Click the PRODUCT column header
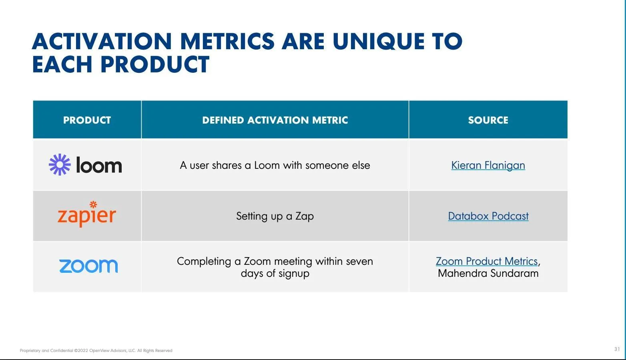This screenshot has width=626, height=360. coord(87,120)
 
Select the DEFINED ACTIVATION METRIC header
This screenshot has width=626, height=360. coord(275,120)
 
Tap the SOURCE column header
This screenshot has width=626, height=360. coord(488,120)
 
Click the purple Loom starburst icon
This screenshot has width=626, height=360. coord(60,164)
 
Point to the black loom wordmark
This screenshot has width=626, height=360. coord(99,165)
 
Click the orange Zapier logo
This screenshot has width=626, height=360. coord(87,214)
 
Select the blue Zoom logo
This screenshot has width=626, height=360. coord(88,266)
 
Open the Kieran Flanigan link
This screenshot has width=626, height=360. coord(488,165)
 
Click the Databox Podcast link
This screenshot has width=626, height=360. coord(488,216)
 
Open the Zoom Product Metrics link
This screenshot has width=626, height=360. coord(487,262)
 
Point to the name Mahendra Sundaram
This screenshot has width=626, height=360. coord(488,273)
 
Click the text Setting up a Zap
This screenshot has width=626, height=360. coord(275,216)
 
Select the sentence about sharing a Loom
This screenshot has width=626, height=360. coord(275,165)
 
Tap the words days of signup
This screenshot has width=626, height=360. coord(275,274)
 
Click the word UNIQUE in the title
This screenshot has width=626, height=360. coord(378,42)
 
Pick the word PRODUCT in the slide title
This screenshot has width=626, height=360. coord(155,64)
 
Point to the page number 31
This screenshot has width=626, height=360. coord(617,349)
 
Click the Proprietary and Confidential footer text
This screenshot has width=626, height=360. coord(96,350)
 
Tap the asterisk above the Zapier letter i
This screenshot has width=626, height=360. coord(93,204)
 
